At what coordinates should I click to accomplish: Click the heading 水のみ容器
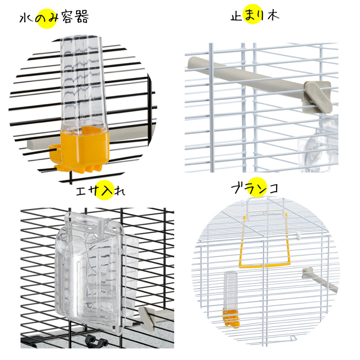(x=54, y=18)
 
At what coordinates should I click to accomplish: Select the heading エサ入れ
(x=100, y=191)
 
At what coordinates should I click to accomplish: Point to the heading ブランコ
(x=255, y=188)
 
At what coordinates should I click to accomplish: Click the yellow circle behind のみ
(x=47, y=18)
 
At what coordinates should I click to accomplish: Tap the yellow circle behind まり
(x=253, y=14)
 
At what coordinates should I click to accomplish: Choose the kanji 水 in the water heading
(x=26, y=18)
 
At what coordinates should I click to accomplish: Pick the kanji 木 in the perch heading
(x=273, y=15)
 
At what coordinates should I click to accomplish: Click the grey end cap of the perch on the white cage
(x=318, y=97)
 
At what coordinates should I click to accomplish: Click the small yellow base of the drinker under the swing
(x=231, y=318)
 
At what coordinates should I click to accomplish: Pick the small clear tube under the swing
(x=230, y=290)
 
